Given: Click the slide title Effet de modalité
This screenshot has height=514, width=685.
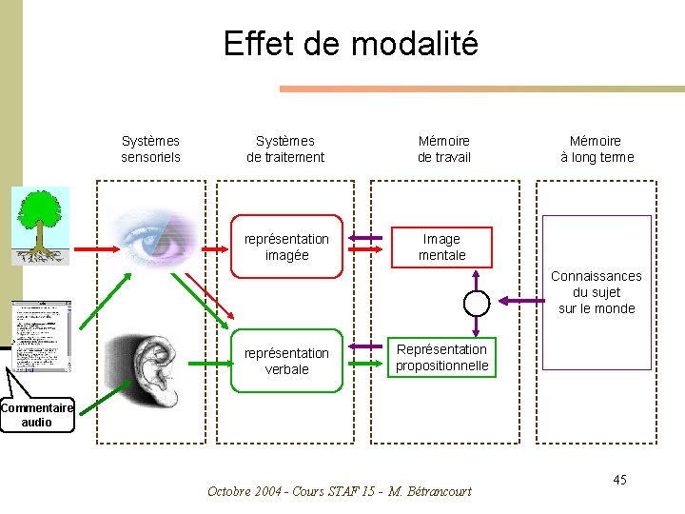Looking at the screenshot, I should click(x=350, y=44).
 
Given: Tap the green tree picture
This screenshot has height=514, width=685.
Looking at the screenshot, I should click(x=39, y=225).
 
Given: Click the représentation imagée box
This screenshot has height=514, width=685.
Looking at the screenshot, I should click(x=286, y=247).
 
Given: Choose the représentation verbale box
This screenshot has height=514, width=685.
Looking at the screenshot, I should click(x=286, y=361).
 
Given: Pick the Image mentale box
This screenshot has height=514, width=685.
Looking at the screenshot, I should click(x=442, y=247).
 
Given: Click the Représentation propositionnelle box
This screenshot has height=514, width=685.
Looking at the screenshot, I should click(x=442, y=358).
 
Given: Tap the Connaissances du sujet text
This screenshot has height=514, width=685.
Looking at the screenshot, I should click(x=597, y=292).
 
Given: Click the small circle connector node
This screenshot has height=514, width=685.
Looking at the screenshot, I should click(x=476, y=303).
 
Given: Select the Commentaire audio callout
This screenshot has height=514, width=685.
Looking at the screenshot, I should click(x=37, y=415).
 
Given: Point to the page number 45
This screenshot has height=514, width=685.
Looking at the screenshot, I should click(x=619, y=480).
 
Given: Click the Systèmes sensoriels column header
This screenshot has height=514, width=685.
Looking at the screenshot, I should click(x=150, y=149).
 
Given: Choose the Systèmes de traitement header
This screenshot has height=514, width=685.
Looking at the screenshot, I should click(x=285, y=149).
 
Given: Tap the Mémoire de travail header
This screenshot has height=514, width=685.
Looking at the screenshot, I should click(x=444, y=149).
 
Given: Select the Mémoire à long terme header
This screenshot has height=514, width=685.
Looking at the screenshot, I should click(x=597, y=149).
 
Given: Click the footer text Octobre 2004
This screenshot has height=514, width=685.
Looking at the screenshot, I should click(x=339, y=491).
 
